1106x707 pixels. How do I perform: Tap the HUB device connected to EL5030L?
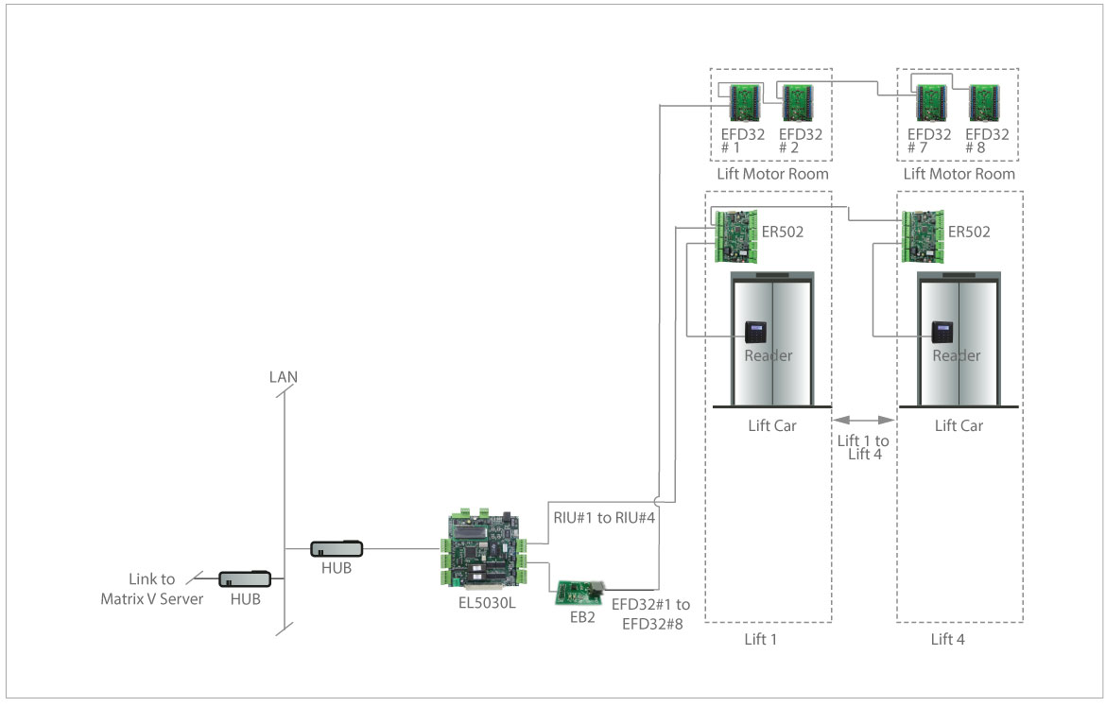click(x=337, y=547)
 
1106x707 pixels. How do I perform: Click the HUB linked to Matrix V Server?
click(x=245, y=578)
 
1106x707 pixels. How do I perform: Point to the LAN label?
click(x=283, y=377)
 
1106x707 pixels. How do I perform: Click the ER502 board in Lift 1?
click(x=736, y=235)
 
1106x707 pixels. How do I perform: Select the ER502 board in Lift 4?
click(x=924, y=235)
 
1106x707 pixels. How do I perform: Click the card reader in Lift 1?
click(x=756, y=332)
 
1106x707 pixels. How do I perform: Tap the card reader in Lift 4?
click(x=943, y=332)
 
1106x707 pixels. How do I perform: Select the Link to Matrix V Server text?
click(x=152, y=589)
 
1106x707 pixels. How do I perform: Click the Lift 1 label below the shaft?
click(x=760, y=640)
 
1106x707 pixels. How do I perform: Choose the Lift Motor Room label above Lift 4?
click(x=959, y=174)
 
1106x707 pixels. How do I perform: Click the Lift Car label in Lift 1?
click(x=771, y=425)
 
